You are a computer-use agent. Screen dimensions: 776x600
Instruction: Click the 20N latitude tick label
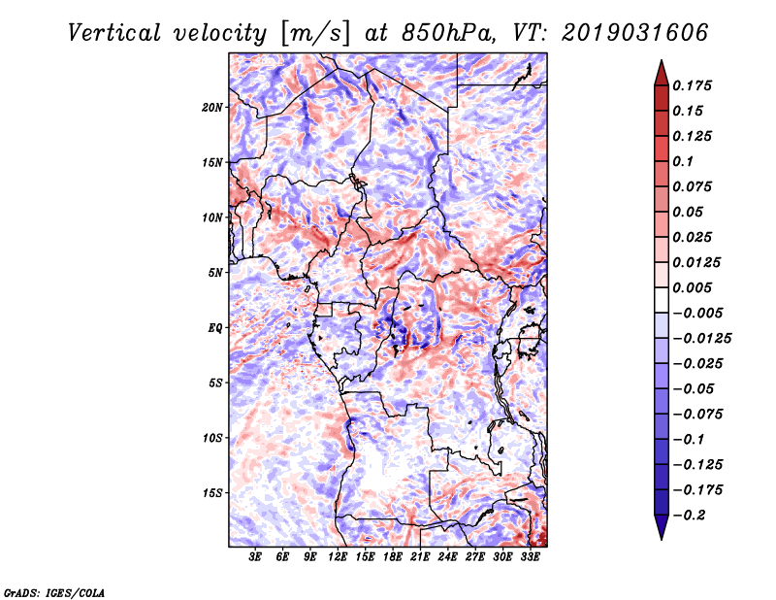(x=212, y=108)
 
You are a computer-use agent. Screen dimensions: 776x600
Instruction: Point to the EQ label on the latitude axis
(x=215, y=328)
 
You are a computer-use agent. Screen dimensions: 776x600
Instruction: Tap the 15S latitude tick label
(x=212, y=493)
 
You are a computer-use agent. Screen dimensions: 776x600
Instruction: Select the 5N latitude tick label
(x=215, y=273)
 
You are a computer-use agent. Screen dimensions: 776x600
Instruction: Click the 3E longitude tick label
(x=255, y=557)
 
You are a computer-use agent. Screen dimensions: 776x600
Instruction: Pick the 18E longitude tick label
(x=393, y=557)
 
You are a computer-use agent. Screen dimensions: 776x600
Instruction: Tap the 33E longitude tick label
(x=530, y=557)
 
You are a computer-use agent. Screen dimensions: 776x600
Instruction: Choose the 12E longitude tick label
(x=338, y=557)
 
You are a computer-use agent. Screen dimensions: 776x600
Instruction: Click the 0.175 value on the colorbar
(x=692, y=85)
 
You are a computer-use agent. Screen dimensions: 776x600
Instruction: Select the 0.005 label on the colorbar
(x=692, y=287)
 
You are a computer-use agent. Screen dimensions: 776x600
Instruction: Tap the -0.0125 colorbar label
(x=701, y=339)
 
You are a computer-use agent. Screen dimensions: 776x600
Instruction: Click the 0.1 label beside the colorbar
(x=683, y=161)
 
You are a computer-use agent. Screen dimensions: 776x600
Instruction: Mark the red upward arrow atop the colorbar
(x=662, y=73)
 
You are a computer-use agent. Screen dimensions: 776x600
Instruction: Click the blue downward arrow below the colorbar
(x=662, y=527)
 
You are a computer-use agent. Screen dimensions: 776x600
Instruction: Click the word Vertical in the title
(x=113, y=33)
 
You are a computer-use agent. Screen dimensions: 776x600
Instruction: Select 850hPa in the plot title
(x=448, y=33)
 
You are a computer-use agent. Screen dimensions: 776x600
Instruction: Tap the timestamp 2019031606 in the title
(x=635, y=33)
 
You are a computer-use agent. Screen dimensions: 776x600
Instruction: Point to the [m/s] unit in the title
(x=315, y=34)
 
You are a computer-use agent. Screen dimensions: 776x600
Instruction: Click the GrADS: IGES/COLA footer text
(x=54, y=592)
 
